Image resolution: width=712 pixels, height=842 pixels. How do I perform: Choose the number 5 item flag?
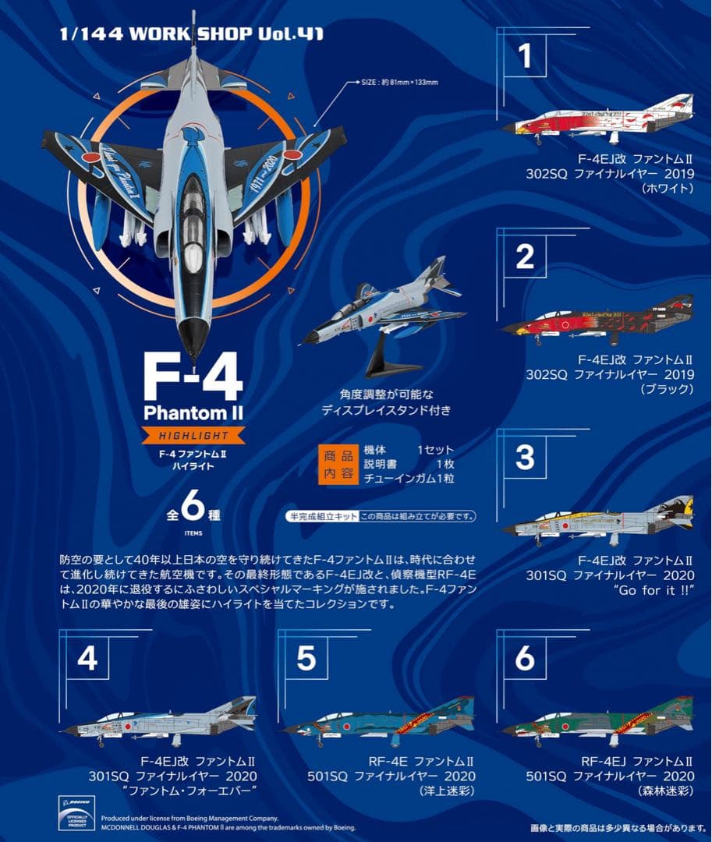point(306,659)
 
